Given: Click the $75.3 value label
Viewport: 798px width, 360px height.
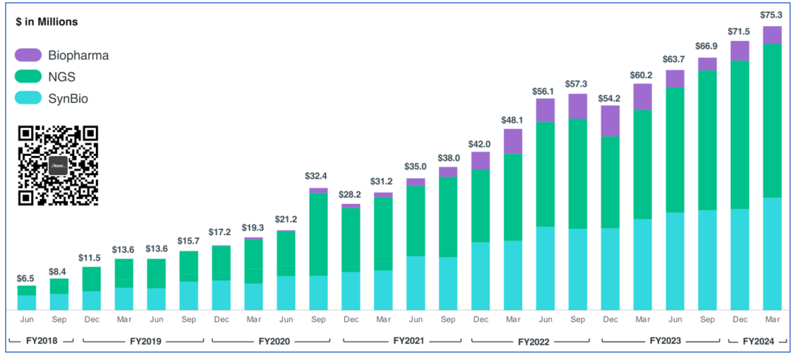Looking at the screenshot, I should (x=772, y=15).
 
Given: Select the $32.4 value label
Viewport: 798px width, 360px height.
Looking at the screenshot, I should (x=318, y=177).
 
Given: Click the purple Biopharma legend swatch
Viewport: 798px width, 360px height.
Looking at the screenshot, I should (x=28, y=55).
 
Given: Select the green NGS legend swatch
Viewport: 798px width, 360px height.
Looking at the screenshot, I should (x=28, y=76).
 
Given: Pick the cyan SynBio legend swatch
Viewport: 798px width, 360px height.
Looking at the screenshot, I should (x=28, y=98).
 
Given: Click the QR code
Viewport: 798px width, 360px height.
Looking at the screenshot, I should (x=58, y=166).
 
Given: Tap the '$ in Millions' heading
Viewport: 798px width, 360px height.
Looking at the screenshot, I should (x=47, y=22).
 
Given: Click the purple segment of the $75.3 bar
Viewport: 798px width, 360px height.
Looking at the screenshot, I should (x=772, y=35).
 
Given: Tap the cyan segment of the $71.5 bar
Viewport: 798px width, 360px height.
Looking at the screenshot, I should (x=740, y=259).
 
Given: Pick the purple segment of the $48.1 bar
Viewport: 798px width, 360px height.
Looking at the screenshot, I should (x=513, y=141).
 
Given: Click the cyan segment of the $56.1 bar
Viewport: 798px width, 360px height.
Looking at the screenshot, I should (x=545, y=268).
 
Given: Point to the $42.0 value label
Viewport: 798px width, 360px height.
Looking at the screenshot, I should (x=480, y=145).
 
